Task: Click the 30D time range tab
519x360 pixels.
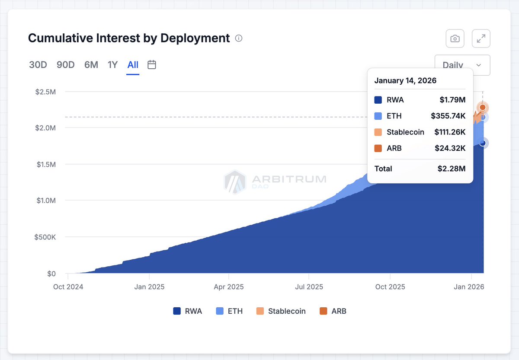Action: [38, 65]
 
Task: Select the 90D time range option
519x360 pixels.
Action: [65, 65]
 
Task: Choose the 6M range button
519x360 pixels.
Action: [91, 65]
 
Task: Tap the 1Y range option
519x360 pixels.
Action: [112, 65]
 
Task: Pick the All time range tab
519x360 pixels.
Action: [133, 65]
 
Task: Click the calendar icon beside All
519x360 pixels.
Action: [152, 65]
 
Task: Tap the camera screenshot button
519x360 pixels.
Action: [455, 38]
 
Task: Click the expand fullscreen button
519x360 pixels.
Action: [481, 38]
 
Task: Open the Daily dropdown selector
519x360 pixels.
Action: [462, 65]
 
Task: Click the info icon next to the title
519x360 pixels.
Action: [239, 38]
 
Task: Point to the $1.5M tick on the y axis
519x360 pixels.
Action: [46, 164]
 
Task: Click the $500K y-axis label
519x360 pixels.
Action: [45, 237]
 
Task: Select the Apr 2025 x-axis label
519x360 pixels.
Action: [229, 287]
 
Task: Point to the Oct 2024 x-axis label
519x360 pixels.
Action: [68, 287]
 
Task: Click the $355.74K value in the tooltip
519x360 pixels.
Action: [448, 116]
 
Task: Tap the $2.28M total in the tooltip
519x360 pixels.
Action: [452, 169]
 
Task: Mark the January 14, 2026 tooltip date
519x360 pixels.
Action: [405, 80]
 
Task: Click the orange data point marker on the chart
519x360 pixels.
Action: [483, 107]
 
